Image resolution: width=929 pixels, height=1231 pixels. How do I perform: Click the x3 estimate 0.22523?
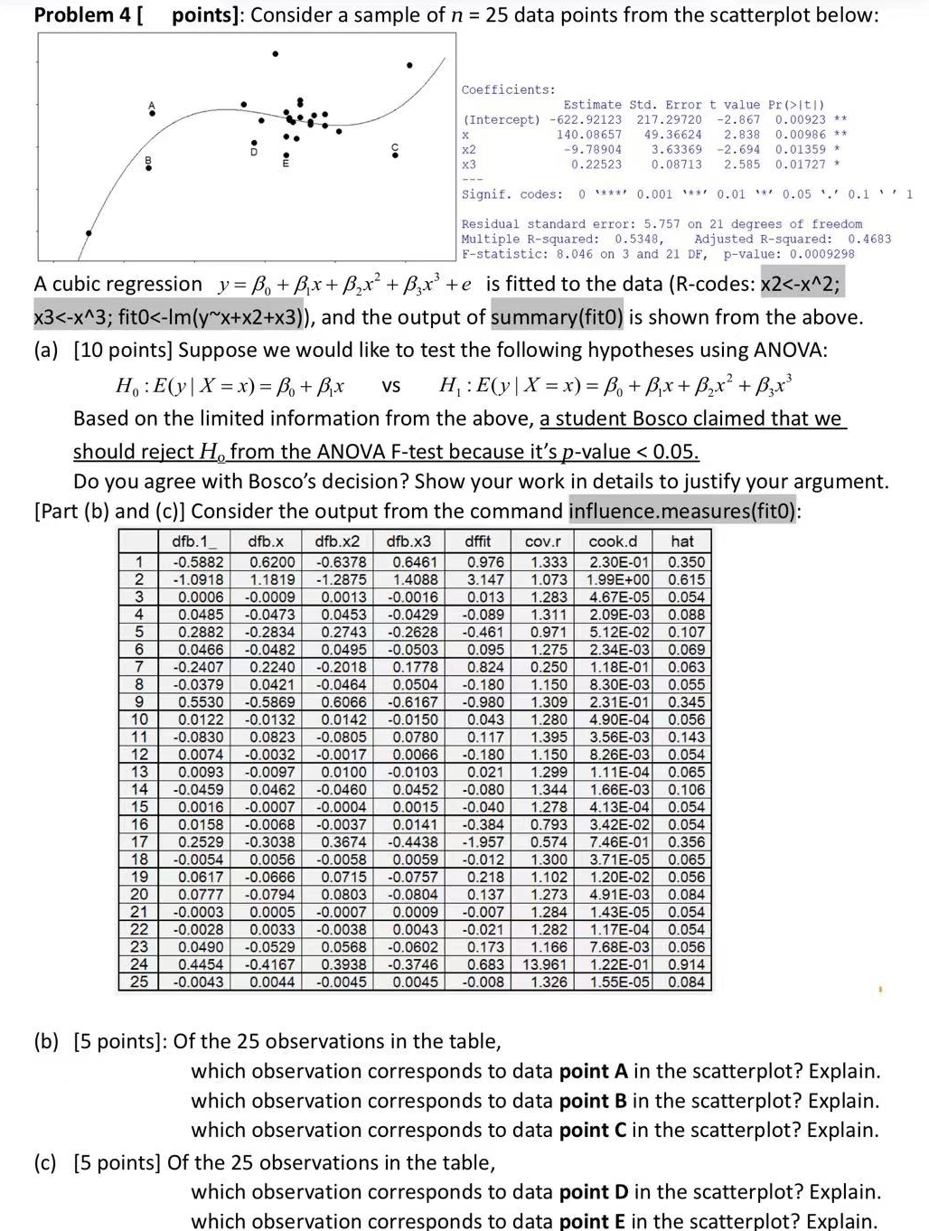[x=596, y=164]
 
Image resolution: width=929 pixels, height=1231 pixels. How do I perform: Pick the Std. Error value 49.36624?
[x=672, y=135]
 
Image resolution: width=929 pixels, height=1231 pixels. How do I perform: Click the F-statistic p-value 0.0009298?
[x=821, y=254]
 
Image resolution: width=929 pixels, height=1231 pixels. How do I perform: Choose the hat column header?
[x=682, y=541]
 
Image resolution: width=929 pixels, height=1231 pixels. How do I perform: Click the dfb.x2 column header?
[x=337, y=541]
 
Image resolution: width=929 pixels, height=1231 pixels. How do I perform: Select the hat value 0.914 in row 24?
[x=686, y=964]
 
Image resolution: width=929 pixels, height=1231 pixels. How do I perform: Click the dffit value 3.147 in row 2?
[x=485, y=579]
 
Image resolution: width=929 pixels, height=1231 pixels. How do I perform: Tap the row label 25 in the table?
[x=139, y=982]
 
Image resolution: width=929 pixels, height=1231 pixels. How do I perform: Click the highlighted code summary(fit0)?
[x=557, y=317]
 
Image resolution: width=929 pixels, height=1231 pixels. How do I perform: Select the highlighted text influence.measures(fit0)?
[x=682, y=512]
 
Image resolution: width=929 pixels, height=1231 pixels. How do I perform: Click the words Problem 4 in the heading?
[x=81, y=15]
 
